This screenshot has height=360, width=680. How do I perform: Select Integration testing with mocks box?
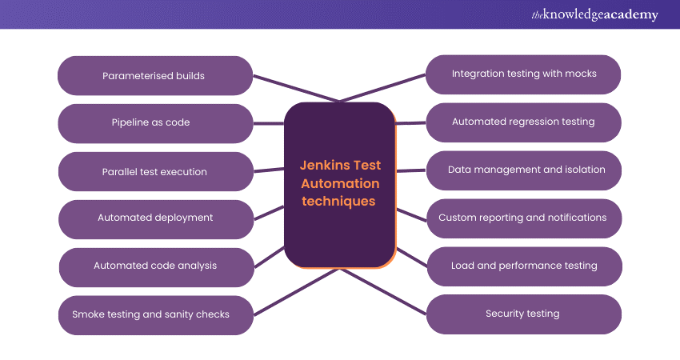524,74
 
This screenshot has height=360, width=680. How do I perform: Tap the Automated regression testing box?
524,122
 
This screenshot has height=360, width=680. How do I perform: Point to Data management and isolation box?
524,170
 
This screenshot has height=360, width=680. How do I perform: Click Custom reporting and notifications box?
524,218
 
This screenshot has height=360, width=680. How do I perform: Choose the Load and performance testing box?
524,266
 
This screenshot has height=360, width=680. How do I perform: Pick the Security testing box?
524,314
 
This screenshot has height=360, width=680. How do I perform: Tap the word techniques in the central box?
339,201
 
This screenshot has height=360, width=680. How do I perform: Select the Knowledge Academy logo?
594,14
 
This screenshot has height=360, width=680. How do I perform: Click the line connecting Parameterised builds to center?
296,89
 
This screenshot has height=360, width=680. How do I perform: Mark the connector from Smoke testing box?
296,290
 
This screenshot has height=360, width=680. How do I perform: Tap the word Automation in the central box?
339,183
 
